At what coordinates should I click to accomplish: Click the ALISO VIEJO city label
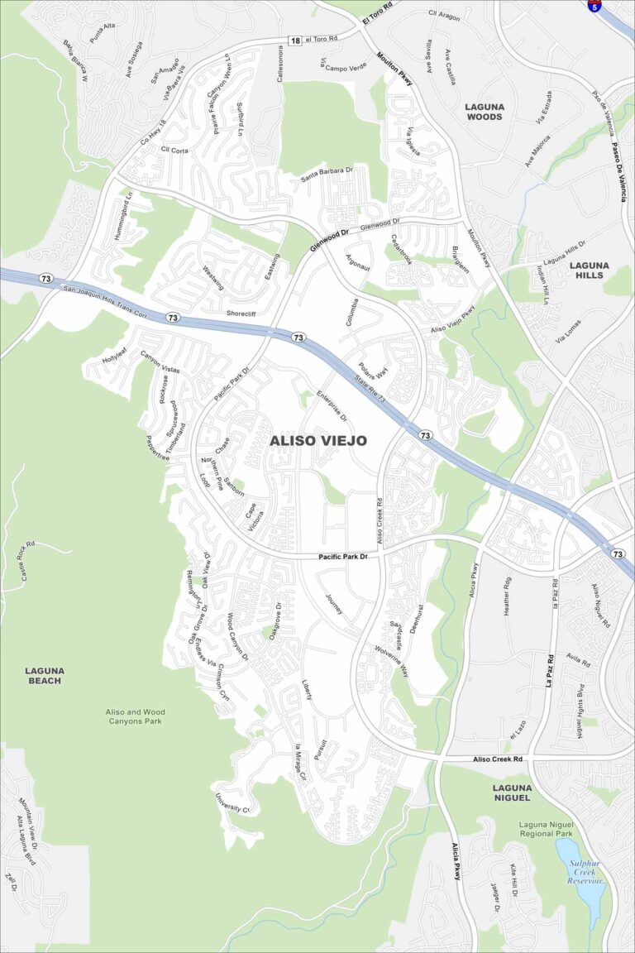pyautogui.click(x=318, y=441)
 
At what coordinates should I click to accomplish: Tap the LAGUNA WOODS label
pyautogui.click(x=484, y=112)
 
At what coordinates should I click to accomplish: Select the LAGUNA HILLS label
pyautogui.click(x=590, y=270)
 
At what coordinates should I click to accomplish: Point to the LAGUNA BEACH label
pyautogui.click(x=44, y=675)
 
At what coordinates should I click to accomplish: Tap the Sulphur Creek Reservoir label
pyautogui.click(x=586, y=872)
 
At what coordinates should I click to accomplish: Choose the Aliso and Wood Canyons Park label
pyautogui.click(x=135, y=716)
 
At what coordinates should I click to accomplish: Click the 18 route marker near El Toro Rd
pyautogui.click(x=295, y=40)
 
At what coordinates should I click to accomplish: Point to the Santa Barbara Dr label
pyautogui.click(x=326, y=173)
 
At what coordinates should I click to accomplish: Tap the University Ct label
pyautogui.click(x=232, y=802)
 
